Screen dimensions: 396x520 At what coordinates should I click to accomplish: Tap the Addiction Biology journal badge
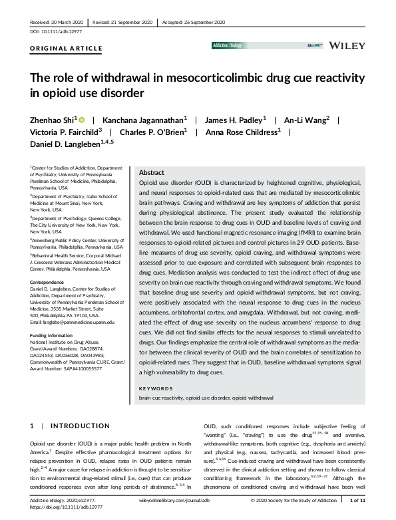tap(230, 45)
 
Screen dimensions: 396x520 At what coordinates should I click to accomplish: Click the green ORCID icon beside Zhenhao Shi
tap(83, 120)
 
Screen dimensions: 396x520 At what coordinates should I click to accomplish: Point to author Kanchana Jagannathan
tap(146, 120)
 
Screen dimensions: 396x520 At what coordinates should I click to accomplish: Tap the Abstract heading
tap(150, 172)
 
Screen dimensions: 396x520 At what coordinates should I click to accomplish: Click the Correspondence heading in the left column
tap(47, 282)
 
